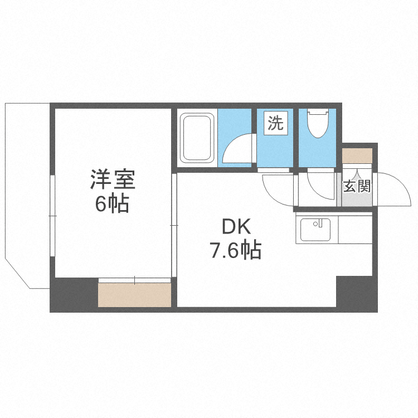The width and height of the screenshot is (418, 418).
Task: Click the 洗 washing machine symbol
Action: [x=275, y=123]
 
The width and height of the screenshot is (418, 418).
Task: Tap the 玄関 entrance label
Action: [x=357, y=186]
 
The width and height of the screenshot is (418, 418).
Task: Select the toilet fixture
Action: [x=318, y=124]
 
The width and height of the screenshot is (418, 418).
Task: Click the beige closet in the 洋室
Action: [x=134, y=295]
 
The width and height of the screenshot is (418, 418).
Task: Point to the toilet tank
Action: [x=318, y=112]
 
